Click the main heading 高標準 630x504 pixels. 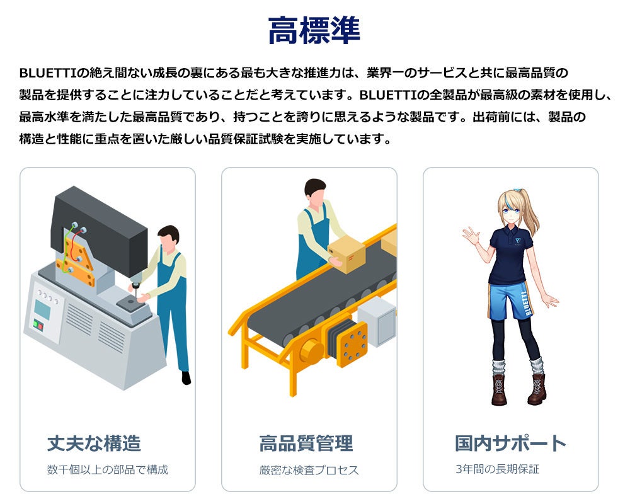314,30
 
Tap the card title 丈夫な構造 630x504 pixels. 94,444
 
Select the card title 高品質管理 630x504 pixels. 306,444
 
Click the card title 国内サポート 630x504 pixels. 510,443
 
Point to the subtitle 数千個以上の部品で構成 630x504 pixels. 108,469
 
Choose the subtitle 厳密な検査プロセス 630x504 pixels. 309,470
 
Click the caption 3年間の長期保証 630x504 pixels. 498,469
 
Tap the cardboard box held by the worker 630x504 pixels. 346,253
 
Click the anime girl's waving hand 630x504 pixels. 471,236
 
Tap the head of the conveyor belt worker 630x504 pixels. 316,191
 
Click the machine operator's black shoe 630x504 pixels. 186,378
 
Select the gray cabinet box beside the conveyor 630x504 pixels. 377,321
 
